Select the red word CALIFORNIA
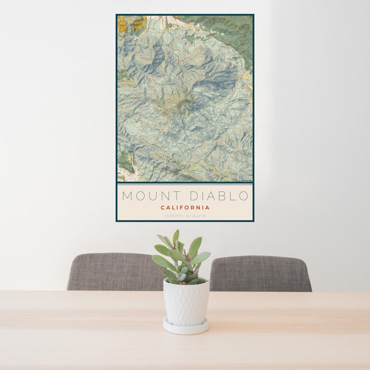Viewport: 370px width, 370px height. pyautogui.click(x=185, y=208)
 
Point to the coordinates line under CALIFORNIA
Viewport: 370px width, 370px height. pyautogui.click(x=185, y=216)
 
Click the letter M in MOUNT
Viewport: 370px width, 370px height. pyautogui.click(x=127, y=196)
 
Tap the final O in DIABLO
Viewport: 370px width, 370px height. pyautogui.click(x=244, y=196)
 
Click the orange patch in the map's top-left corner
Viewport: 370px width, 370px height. pyautogui.click(x=123, y=24)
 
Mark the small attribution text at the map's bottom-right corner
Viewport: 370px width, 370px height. pyautogui.click(x=246, y=180)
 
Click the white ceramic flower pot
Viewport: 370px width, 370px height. pyautogui.click(x=186, y=302)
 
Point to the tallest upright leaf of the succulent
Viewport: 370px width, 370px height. pyautogui.click(x=175, y=239)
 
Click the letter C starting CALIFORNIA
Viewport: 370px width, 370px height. pyautogui.click(x=163, y=208)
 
